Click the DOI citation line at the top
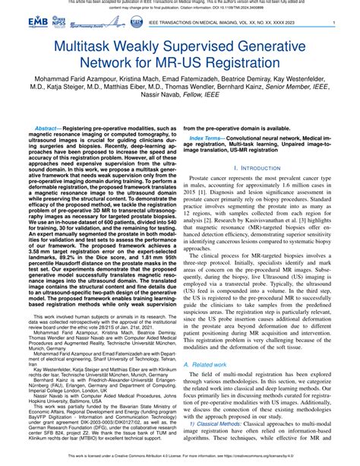[x=180, y=9]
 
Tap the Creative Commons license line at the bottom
[x=180, y=459]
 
